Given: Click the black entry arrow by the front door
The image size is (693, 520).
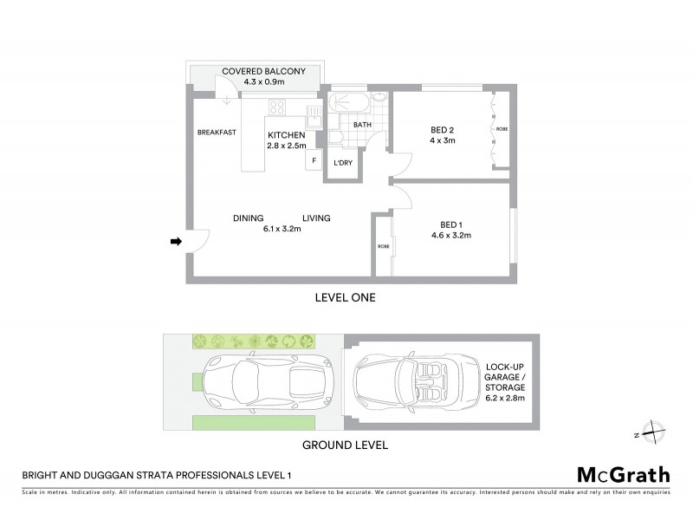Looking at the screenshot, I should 175,242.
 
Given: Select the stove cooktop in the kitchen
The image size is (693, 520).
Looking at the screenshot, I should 278,108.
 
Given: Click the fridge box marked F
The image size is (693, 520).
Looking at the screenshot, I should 314,160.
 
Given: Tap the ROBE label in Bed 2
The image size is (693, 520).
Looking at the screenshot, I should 502,130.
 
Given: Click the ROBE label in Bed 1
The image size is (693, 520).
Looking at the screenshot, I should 383,247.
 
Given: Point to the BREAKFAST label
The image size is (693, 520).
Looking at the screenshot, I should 217,133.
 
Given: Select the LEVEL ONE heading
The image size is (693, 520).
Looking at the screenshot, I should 344,297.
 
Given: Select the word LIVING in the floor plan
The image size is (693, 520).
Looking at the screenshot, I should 316,218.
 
